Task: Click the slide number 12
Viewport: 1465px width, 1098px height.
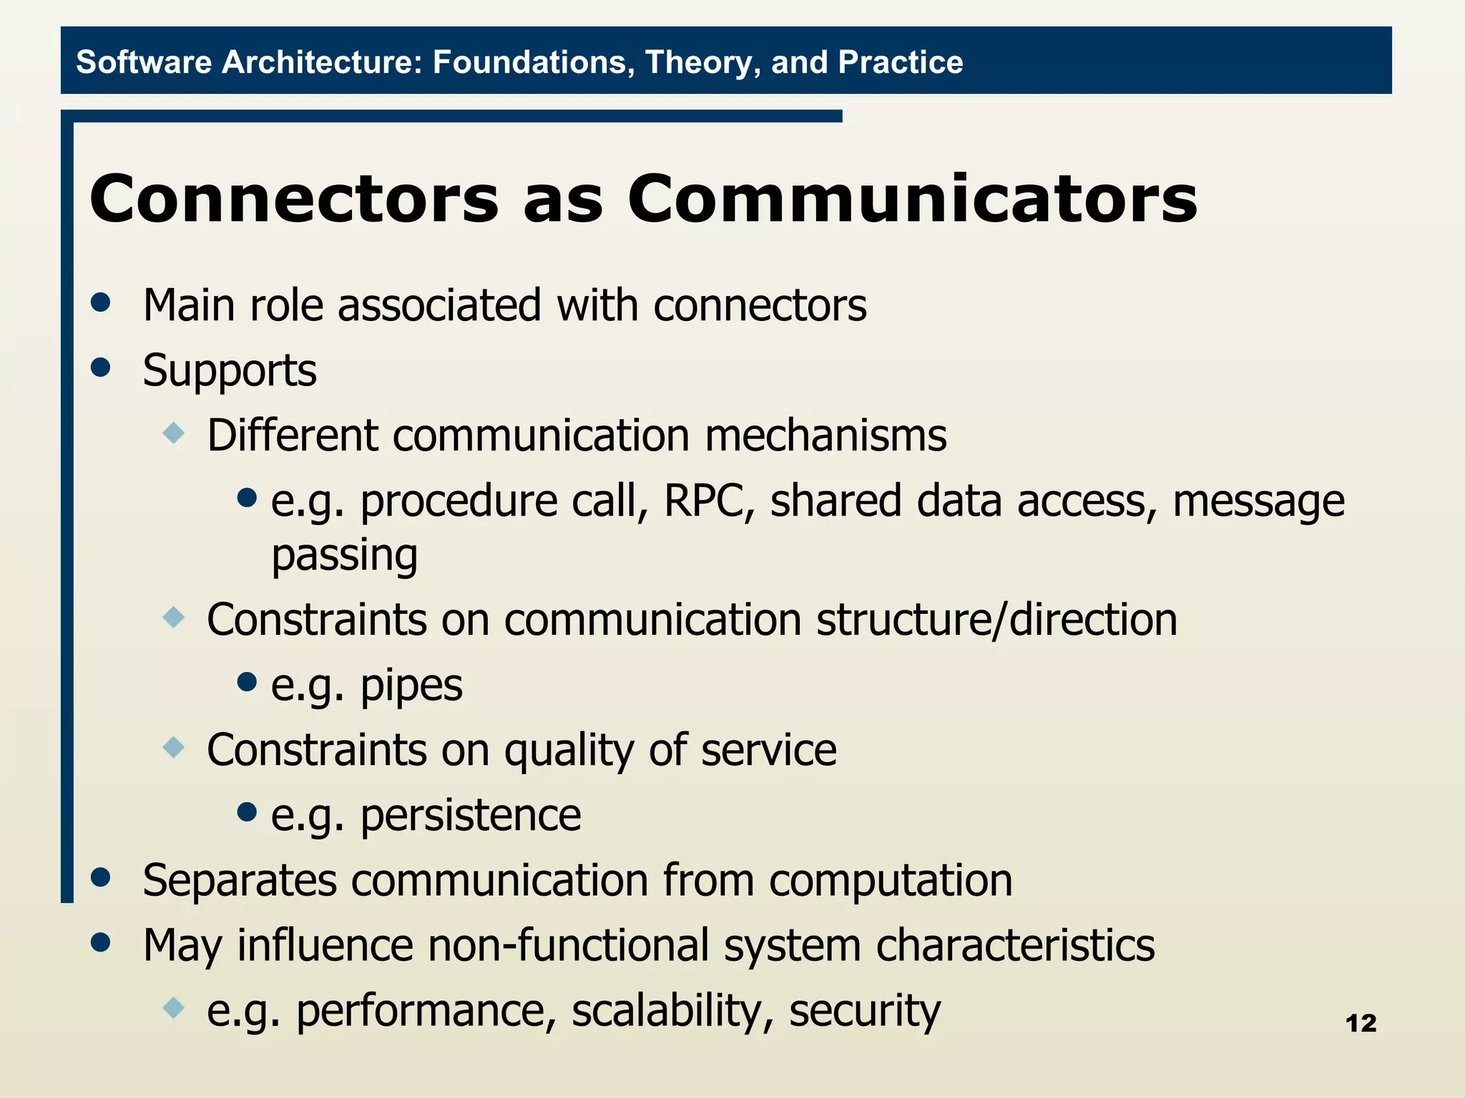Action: [x=1361, y=1023]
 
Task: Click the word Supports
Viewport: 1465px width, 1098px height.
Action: [x=229, y=370]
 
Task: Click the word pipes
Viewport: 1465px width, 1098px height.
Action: [x=411, y=685]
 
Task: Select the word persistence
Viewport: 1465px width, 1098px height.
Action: [x=470, y=815]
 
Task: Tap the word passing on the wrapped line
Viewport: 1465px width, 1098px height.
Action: [x=344, y=555]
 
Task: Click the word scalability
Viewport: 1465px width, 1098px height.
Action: [x=672, y=1010]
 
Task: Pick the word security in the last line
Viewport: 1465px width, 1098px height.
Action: [x=864, y=1010]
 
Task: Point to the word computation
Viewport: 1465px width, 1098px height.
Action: [x=891, y=880]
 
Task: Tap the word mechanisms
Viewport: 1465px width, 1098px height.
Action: [x=825, y=435]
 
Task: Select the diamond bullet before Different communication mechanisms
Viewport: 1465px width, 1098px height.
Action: [x=174, y=432]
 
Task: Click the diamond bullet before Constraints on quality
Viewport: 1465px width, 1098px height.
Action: [x=174, y=748]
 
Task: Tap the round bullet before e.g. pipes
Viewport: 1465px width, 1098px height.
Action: [x=247, y=681]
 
